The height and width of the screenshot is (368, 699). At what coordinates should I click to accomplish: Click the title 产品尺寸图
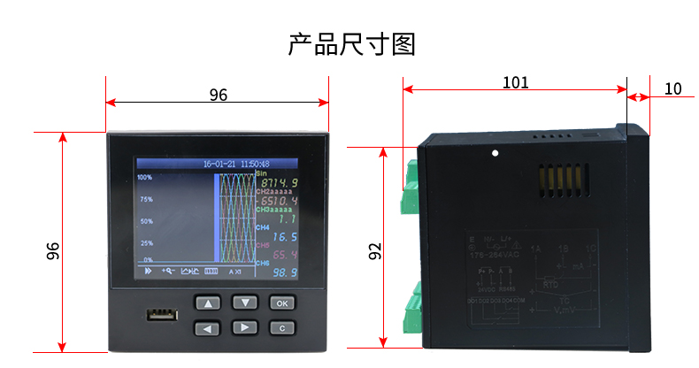(x=352, y=44)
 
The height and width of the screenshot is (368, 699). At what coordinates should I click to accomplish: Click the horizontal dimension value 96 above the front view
(x=218, y=95)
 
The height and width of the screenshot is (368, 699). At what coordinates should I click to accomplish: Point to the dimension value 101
(x=515, y=83)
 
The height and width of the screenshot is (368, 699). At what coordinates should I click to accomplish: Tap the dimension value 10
(x=672, y=88)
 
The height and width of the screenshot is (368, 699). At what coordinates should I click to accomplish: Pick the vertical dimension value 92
(x=375, y=253)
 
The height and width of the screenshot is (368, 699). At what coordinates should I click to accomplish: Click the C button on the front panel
(x=281, y=328)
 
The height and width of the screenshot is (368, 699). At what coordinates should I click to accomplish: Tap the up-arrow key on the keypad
(x=208, y=303)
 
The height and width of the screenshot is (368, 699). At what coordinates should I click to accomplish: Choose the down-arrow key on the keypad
(x=244, y=303)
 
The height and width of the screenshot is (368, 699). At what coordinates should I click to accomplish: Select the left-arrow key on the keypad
(x=208, y=328)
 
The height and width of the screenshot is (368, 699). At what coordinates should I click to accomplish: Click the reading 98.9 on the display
(x=284, y=272)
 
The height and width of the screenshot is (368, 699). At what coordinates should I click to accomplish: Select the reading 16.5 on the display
(x=284, y=237)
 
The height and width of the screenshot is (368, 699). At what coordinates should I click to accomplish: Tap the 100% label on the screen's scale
(x=145, y=178)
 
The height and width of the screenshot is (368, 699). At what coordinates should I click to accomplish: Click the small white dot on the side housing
(x=495, y=155)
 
